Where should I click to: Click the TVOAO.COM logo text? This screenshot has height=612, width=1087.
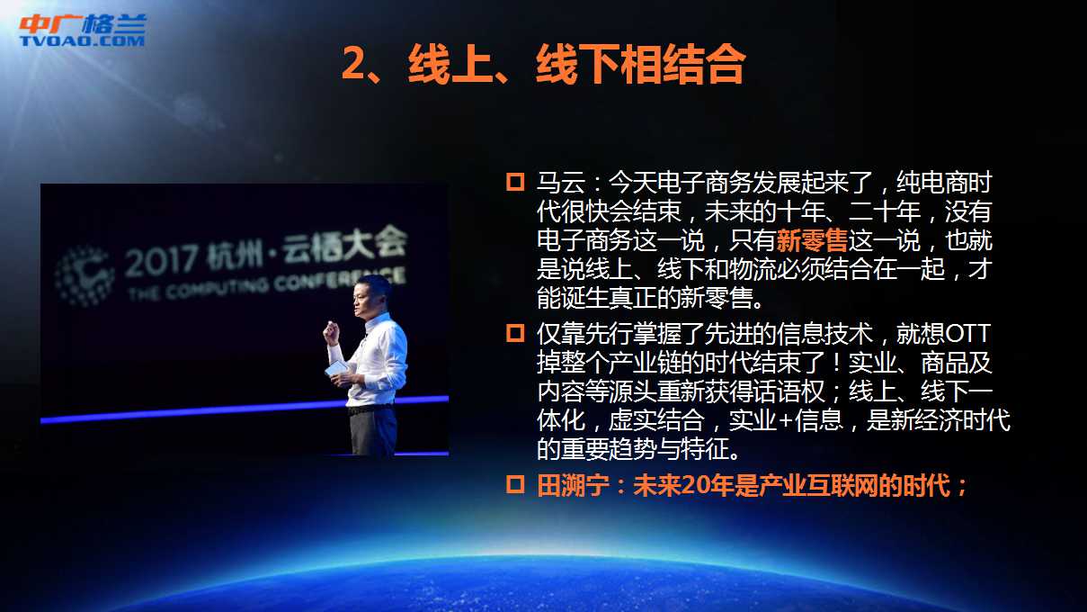[x=82, y=40]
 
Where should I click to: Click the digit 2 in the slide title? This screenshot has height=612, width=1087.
[x=353, y=64]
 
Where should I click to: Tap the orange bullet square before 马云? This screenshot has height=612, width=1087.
[x=515, y=182]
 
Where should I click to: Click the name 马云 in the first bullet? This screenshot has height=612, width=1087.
[x=560, y=183]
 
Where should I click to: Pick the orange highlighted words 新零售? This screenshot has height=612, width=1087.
[x=812, y=240]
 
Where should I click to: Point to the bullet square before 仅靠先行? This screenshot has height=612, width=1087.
[x=515, y=333]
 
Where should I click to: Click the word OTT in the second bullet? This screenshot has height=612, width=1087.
[x=967, y=334]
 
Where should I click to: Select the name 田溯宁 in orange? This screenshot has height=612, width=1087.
[x=573, y=485]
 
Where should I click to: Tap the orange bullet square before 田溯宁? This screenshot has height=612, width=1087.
[x=515, y=485]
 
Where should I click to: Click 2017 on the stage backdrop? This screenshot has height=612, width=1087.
[x=162, y=261]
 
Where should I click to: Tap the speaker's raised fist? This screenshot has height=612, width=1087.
[x=332, y=332]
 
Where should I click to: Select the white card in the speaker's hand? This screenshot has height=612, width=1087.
[x=336, y=367]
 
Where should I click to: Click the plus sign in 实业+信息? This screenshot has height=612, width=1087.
[x=785, y=420]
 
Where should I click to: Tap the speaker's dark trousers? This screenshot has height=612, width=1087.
[x=373, y=431]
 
